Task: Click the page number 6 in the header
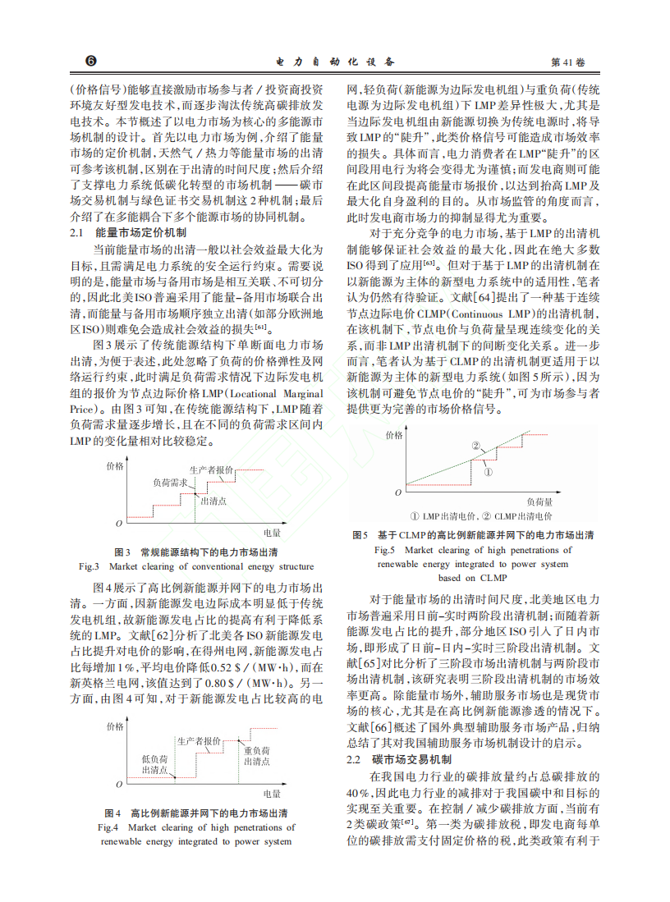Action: coord(91,62)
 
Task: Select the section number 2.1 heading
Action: coord(79,233)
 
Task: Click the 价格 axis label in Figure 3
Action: coord(116,465)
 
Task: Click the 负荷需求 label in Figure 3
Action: coord(168,484)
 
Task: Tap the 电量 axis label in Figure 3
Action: coord(273,532)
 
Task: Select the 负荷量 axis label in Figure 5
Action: coord(539,501)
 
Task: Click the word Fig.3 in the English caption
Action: coord(89,566)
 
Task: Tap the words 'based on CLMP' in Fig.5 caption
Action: coord(472,577)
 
